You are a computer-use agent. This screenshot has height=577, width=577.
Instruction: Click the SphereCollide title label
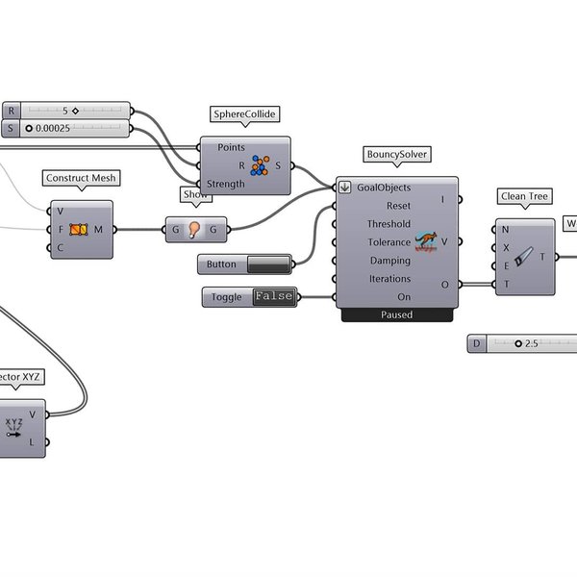point(244,114)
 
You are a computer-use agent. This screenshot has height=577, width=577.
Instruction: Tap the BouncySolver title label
point(396,154)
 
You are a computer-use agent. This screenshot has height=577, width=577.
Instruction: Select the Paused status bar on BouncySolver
point(396,314)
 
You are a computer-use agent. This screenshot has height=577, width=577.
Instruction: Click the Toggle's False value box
point(273,297)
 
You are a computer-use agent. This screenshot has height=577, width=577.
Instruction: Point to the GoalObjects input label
point(384,188)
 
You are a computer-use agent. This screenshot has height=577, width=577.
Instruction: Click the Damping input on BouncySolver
point(389,261)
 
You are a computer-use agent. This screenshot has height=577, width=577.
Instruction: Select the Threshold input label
point(388,224)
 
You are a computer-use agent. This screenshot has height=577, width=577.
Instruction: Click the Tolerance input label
point(389,242)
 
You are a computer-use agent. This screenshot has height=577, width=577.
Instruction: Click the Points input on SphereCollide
point(232,147)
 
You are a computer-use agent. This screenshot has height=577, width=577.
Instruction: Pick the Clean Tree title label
point(525,197)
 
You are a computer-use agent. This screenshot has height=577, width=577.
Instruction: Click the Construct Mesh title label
point(80,178)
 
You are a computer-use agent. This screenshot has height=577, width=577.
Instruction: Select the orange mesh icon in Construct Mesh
point(79,229)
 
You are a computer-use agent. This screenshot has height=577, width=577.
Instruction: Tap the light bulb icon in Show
point(194,229)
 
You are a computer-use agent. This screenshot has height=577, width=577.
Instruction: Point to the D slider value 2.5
point(531,343)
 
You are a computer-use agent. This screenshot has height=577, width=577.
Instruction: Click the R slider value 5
point(66,111)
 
